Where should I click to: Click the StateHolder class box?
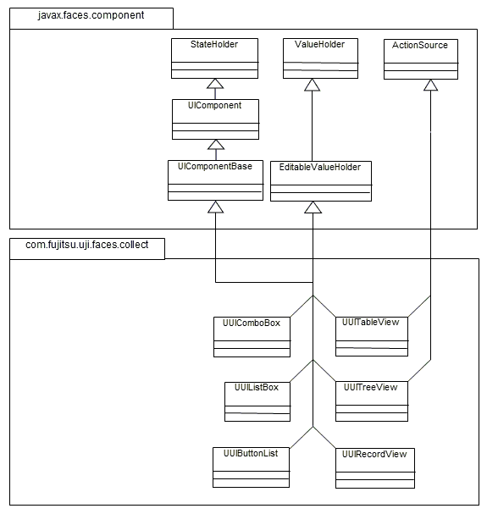(x=214, y=58)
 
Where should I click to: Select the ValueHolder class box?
(x=320, y=58)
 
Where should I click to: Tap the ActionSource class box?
(x=421, y=59)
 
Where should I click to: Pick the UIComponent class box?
(x=215, y=119)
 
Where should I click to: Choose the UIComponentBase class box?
(x=215, y=180)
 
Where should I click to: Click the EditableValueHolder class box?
(x=321, y=181)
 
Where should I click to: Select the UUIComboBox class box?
(x=252, y=337)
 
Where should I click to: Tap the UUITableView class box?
(x=372, y=336)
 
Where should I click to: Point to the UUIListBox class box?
(x=257, y=401)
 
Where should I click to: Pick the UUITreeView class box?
(x=372, y=401)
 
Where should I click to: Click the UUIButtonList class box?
(x=251, y=467)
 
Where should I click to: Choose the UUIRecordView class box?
(x=375, y=468)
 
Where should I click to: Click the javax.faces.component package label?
(x=91, y=15)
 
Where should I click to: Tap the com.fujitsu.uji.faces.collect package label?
(x=87, y=245)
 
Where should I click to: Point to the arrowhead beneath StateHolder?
(x=215, y=84)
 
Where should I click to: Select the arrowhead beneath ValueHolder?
(x=312, y=85)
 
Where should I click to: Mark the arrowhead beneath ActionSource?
(x=430, y=86)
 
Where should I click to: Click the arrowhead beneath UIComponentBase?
(x=215, y=207)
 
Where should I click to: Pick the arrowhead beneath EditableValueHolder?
(x=313, y=207)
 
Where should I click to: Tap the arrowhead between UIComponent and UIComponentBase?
(x=216, y=145)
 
